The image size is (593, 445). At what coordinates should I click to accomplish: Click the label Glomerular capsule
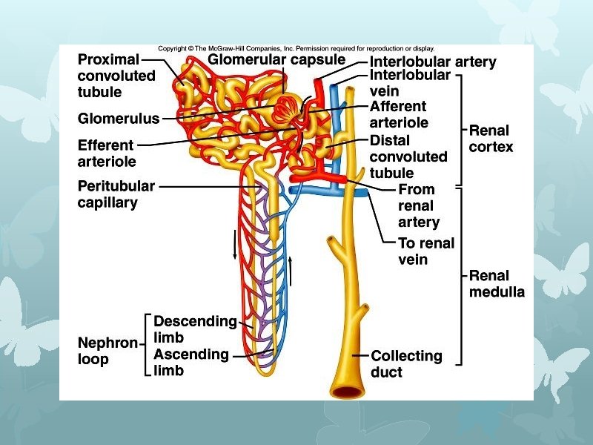click(276, 59)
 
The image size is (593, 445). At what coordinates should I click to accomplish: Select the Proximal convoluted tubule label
click(116, 76)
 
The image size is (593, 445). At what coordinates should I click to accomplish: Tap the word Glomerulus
click(118, 118)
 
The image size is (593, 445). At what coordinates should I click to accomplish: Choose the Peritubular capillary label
click(116, 194)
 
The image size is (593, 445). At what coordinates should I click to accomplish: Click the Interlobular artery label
click(433, 62)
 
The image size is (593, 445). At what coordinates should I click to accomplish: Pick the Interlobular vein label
click(410, 83)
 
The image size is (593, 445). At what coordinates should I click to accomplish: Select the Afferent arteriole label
click(398, 114)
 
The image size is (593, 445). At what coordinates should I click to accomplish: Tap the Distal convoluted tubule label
click(408, 156)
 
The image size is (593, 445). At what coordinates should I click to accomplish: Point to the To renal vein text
click(426, 251)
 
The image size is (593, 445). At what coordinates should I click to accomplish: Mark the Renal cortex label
click(491, 139)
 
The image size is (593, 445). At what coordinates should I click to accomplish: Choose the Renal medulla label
click(497, 284)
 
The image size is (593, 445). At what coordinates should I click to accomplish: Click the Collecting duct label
click(406, 364)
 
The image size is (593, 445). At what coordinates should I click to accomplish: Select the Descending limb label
click(195, 329)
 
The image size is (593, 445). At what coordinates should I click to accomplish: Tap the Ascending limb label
click(191, 362)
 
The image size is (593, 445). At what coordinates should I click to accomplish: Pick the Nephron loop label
click(107, 351)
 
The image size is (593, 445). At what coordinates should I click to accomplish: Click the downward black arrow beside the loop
click(236, 244)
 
